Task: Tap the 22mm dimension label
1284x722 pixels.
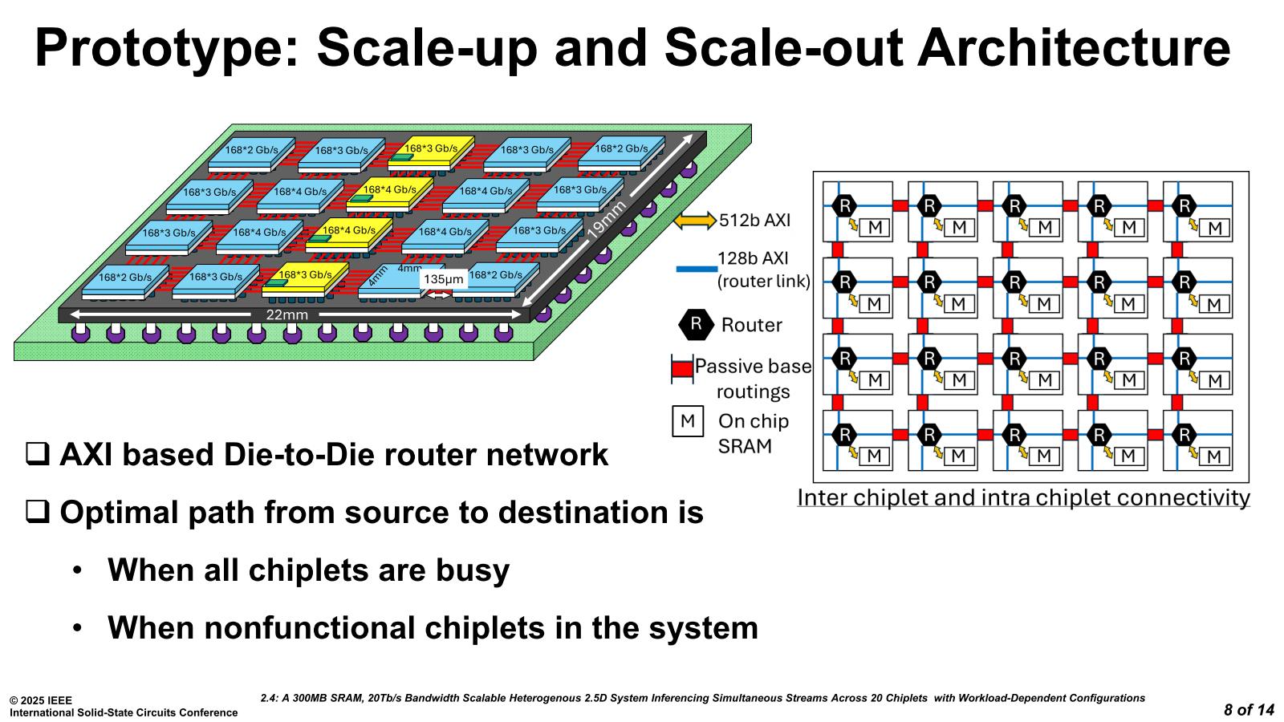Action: pyautogui.click(x=286, y=314)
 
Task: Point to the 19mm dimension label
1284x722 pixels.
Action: pyautogui.click(x=607, y=219)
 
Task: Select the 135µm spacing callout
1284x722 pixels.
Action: pyautogui.click(x=443, y=279)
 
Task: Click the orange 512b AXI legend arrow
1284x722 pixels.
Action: pyautogui.click(x=694, y=220)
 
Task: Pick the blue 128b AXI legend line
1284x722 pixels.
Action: pyautogui.click(x=696, y=269)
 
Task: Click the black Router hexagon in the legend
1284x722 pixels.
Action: pyautogui.click(x=696, y=325)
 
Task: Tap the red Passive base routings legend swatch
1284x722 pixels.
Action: pyautogui.click(x=681, y=368)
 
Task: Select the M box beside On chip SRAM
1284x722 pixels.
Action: pyautogui.click(x=688, y=421)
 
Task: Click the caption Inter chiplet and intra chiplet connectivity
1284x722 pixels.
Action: pyautogui.click(x=1023, y=497)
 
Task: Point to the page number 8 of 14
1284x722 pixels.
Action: pyautogui.click(x=1249, y=709)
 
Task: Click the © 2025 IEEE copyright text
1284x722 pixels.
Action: pyautogui.click(x=41, y=700)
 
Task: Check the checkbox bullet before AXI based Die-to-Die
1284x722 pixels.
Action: pyautogui.click(x=37, y=455)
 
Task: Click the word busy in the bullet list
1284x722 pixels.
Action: pyautogui.click(x=473, y=570)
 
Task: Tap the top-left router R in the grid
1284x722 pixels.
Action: pyautogui.click(x=844, y=205)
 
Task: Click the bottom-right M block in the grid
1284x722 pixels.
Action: pyautogui.click(x=1214, y=456)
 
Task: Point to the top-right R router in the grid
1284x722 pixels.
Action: pyautogui.click(x=1184, y=205)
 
